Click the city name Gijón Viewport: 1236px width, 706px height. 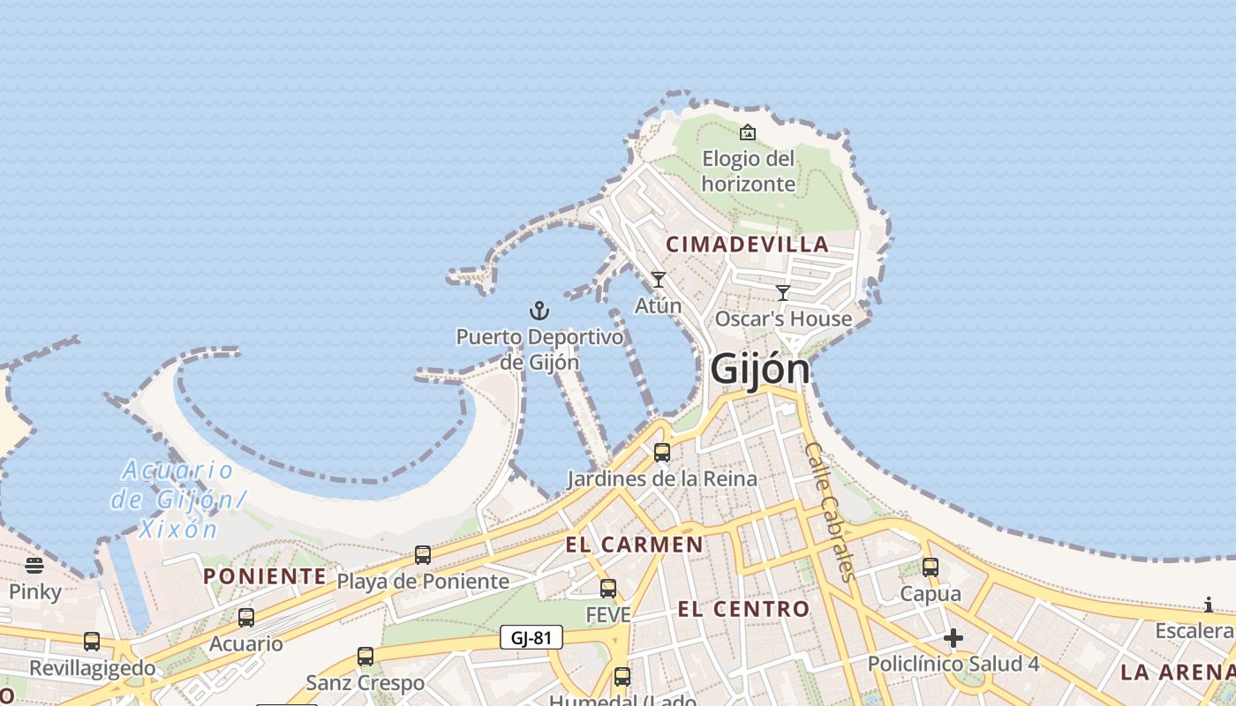(760, 368)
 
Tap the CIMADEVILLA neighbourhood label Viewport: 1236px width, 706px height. (747, 244)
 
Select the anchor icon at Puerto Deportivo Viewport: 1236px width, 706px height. (539, 311)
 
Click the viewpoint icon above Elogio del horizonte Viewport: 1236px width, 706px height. (748, 132)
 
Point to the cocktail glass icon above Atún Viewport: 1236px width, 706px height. (658, 280)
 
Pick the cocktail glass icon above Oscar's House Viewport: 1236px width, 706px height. (783, 293)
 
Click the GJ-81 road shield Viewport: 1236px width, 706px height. (531, 637)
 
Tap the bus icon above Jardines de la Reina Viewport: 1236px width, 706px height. (661, 453)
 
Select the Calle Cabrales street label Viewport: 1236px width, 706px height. (831, 511)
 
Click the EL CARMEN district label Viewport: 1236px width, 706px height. (634, 545)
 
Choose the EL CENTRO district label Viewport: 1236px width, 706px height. (743, 609)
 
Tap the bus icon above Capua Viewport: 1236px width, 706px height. (931, 567)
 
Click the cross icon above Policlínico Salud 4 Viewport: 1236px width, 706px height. (953, 638)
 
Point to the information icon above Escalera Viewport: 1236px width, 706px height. (1209, 605)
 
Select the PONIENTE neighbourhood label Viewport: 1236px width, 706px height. (265, 576)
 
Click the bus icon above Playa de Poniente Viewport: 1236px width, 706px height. (423, 555)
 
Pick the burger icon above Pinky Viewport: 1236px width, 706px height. (34, 566)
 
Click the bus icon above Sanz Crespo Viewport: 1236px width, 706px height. (366, 657)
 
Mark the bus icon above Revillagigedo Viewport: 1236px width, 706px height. (92, 642)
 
